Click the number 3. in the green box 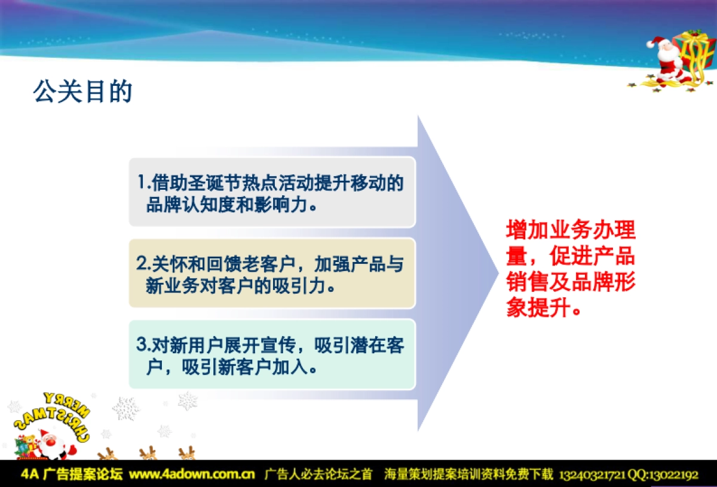(143, 345)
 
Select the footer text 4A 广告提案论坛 (72, 475)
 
